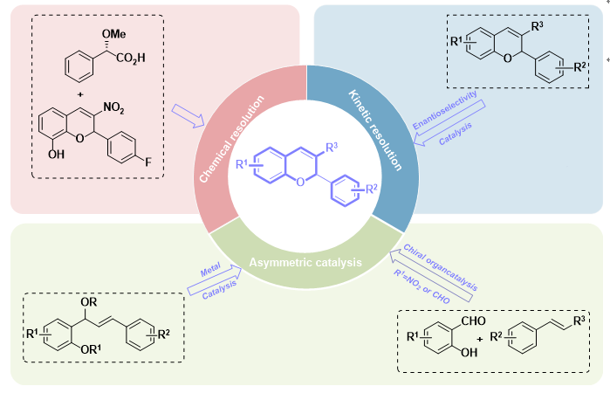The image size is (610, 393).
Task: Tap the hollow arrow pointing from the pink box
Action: click(x=188, y=113)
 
